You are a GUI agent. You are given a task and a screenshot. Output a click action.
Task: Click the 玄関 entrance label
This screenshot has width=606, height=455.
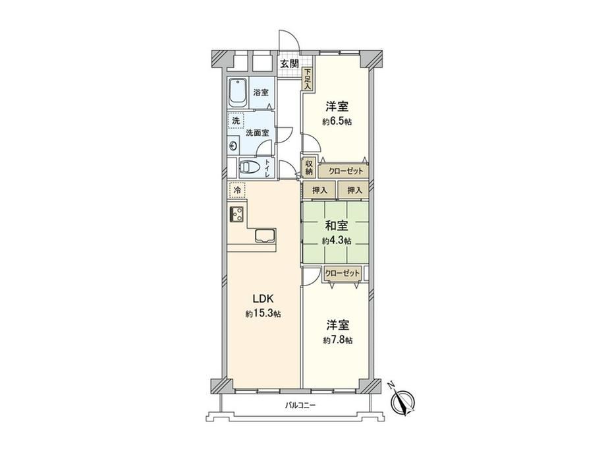tap(289, 63)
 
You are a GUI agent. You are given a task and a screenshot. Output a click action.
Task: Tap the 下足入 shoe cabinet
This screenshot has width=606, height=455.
tap(307, 79)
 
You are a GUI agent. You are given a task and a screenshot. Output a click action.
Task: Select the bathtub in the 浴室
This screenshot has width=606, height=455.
tap(238, 93)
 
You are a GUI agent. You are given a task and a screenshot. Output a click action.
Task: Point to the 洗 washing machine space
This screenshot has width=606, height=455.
tap(236, 120)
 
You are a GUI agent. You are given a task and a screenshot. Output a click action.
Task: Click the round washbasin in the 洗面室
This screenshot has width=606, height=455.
tap(233, 146)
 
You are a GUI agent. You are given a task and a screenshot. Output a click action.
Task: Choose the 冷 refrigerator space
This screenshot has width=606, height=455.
tap(237, 190)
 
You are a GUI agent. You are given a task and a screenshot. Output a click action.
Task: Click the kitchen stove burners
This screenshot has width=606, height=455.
tap(237, 214)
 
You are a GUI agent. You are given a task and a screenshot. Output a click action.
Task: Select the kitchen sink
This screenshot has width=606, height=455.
tap(265, 235)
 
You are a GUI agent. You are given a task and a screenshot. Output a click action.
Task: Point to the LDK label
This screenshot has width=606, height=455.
tap(263, 299)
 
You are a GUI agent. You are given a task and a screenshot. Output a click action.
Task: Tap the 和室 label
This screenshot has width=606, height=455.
tap(336, 225)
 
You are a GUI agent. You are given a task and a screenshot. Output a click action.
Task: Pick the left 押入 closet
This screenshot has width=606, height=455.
tap(319, 191)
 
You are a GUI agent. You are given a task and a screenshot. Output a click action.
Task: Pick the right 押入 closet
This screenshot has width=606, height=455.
tap(354, 191)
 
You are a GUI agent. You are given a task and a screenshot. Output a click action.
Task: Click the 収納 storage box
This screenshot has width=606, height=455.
tap(309, 167)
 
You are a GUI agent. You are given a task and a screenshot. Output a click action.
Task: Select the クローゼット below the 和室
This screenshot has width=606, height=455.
tap(342, 274)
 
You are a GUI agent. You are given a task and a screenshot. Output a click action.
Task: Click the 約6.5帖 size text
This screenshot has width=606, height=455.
tap(337, 122)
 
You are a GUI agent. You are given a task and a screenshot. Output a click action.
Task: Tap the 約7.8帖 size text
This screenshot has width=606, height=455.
tap(338, 340)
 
